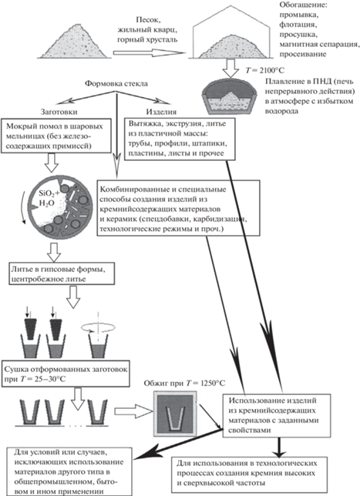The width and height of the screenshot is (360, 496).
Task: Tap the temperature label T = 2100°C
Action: pyautogui.click(x=265, y=70)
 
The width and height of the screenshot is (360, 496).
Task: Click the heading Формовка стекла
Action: pyautogui.click(x=116, y=84)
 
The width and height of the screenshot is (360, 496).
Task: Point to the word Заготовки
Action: pyautogui.click(x=59, y=112)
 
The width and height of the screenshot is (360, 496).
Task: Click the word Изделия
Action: pyautogui.click(x=161, y=112)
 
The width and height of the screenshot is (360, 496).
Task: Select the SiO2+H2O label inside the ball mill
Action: pyautogui.click(x=48, y=198)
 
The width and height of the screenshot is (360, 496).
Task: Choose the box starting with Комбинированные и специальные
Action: pyautogui.click(x=179, y=208)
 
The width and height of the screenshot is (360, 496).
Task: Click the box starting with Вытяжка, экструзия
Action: pyautogui.click(x=180, y=139)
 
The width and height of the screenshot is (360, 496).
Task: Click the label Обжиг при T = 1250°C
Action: pyautogui.click(x=184, y=384)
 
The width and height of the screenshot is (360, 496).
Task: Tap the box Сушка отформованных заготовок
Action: pyautogui.click(x=66, y=374)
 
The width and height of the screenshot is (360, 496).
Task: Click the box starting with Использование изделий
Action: pyautogui.click(x=277, y=415)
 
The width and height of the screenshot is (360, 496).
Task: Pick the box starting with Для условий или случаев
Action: pyautogui.click(x=69, y=471)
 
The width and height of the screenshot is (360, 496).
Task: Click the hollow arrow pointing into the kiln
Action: pyautogui.click(x=133, y=411)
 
